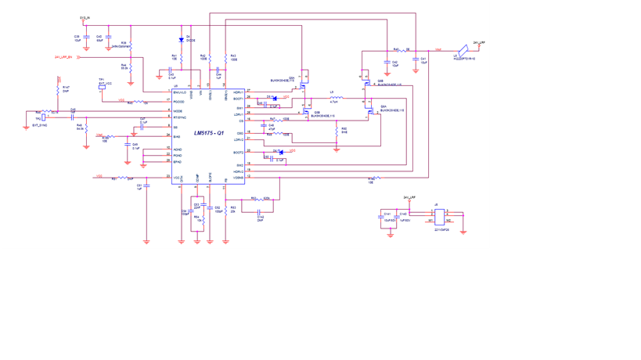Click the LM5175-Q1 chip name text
[209, 134]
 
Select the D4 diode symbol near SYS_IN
[182, 40]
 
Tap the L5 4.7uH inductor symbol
[335, 98]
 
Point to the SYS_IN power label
[85, 17]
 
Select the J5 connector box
[440, 217]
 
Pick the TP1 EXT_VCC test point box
[102, 87]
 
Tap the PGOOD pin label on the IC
[179, 102]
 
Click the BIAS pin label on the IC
[177, 137]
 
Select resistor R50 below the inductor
[337, 130]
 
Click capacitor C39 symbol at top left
[86, 38]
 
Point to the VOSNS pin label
[238, 178]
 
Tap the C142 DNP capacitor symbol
[260, 212]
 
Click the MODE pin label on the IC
[178, 111]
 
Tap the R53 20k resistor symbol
[225, 209]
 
